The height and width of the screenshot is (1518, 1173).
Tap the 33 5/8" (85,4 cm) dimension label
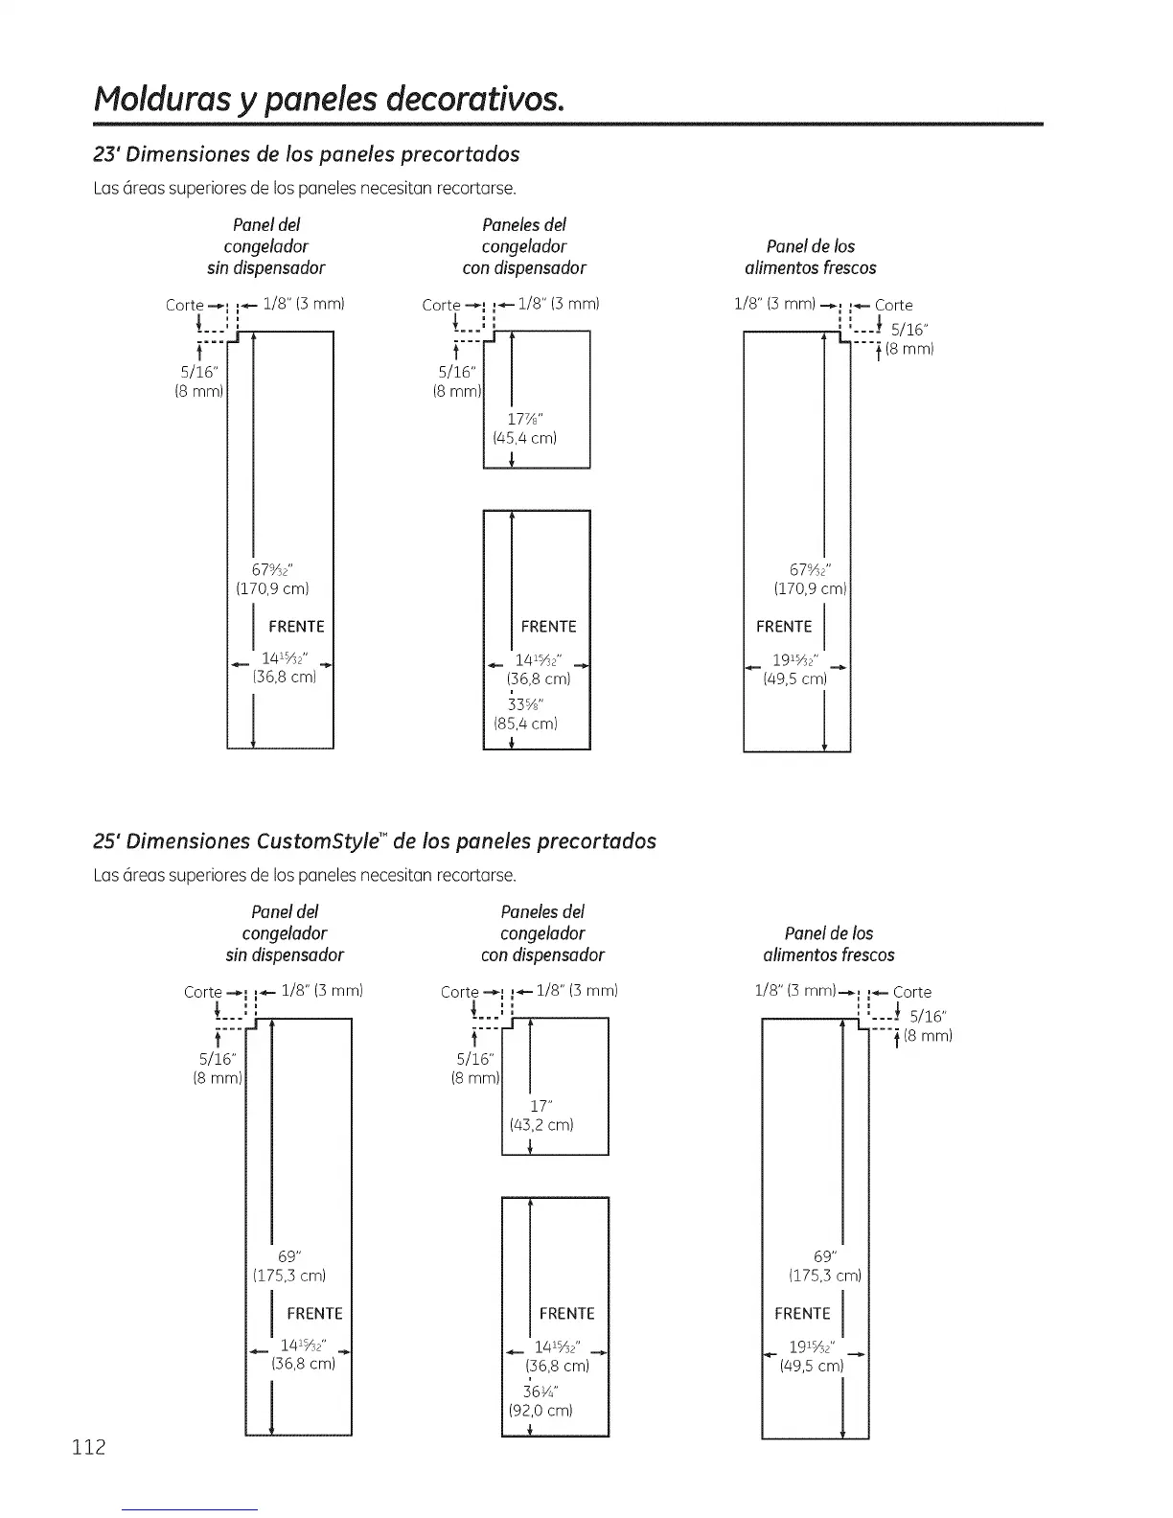(524, 712)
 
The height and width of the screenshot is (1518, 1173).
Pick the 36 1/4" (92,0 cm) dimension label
(541, 1400)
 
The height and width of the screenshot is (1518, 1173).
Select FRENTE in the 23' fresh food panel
(783, 627)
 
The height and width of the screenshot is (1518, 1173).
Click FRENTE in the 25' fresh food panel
(802, 1313)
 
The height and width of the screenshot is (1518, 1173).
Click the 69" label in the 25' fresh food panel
(824, 1256)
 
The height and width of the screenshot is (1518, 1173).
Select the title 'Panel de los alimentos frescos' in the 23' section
(810, 257)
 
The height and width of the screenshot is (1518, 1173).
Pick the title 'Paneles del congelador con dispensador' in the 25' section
(542, 932)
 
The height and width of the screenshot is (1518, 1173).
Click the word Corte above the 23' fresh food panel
(893, 306)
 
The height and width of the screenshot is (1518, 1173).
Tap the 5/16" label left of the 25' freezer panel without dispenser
(218, 1059)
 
